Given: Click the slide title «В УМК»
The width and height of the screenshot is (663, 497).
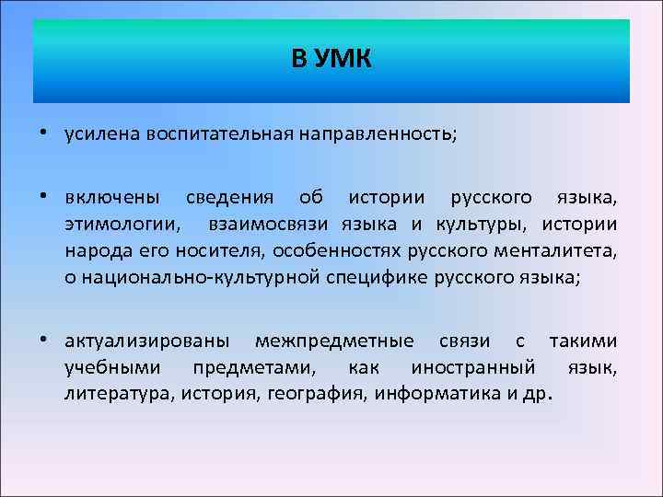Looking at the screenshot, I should click(331, 61).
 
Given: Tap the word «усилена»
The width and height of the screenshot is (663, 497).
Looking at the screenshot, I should click(97, 134).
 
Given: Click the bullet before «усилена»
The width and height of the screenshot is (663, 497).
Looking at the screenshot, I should click(46, 134).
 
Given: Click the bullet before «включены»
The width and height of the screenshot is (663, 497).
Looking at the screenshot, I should click(46, 197).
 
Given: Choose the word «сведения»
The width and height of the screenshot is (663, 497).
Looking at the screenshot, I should click(230, 198).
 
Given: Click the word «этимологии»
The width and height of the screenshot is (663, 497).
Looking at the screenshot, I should click(122, 225).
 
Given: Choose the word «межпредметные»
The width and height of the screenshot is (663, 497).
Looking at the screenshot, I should click(334, 341).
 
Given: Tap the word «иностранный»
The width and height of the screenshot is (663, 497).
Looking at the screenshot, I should click(473, 368).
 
